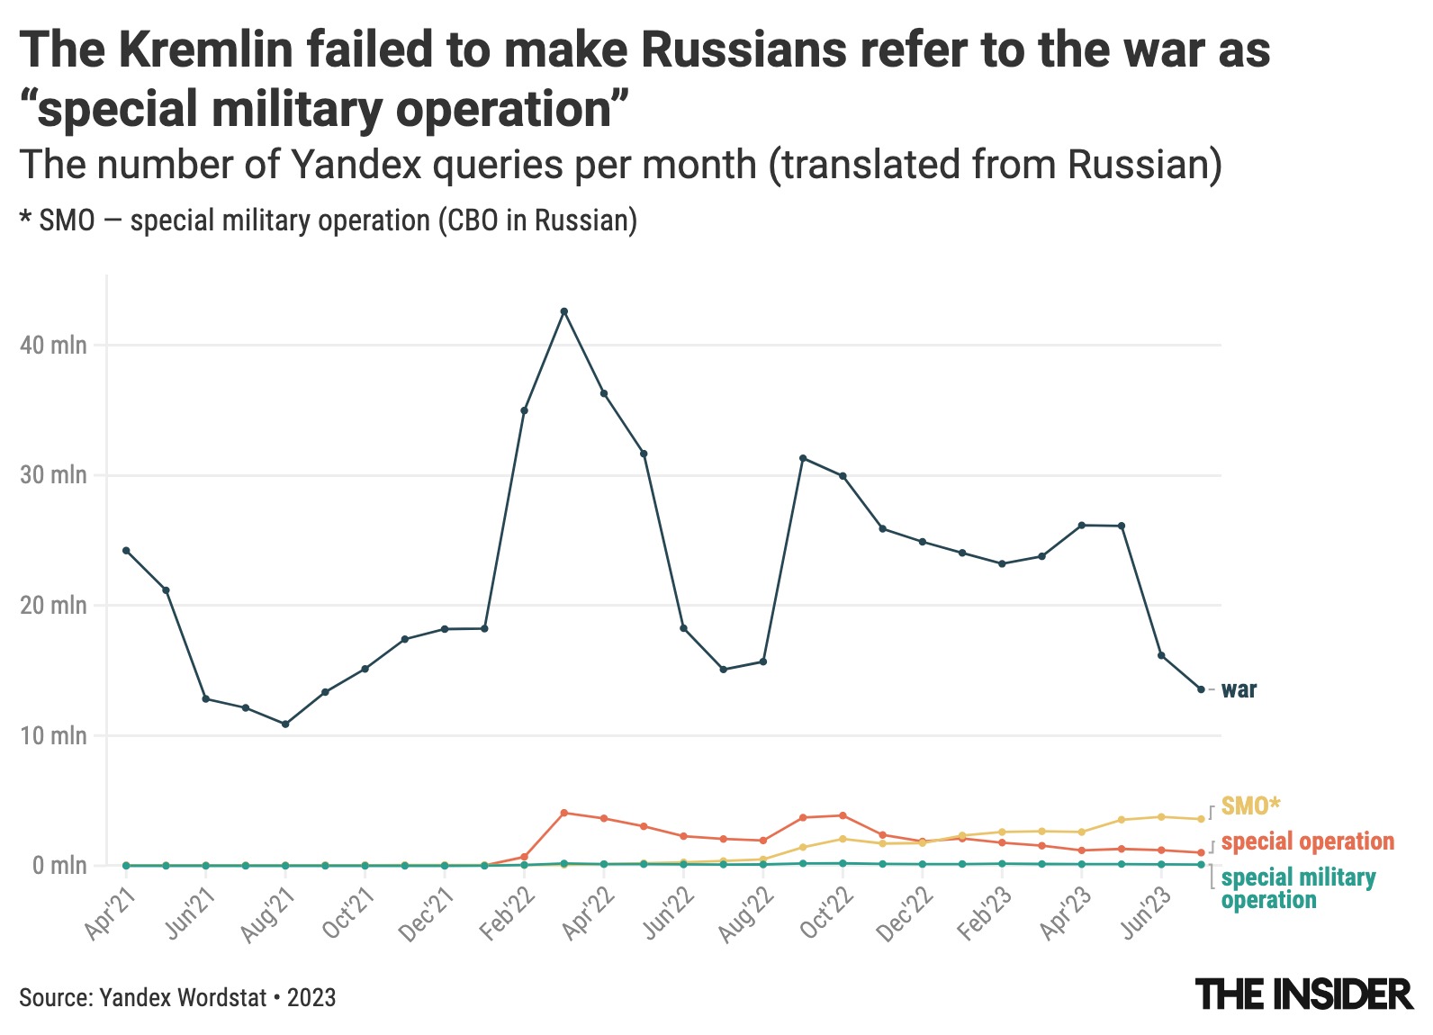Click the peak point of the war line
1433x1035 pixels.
564,311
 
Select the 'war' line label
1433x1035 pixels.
1239,690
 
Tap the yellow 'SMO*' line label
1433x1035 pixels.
1250,805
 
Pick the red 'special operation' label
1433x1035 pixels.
1308,841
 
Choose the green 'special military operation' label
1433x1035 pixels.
1298,888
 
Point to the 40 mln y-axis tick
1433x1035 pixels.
55,346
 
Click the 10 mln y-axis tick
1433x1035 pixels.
55,736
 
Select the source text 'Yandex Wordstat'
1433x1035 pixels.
184,997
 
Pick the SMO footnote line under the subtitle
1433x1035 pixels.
329,220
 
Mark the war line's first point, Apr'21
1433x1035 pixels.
126,551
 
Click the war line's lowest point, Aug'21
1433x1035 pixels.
285,724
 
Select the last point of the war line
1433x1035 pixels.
1201,689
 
